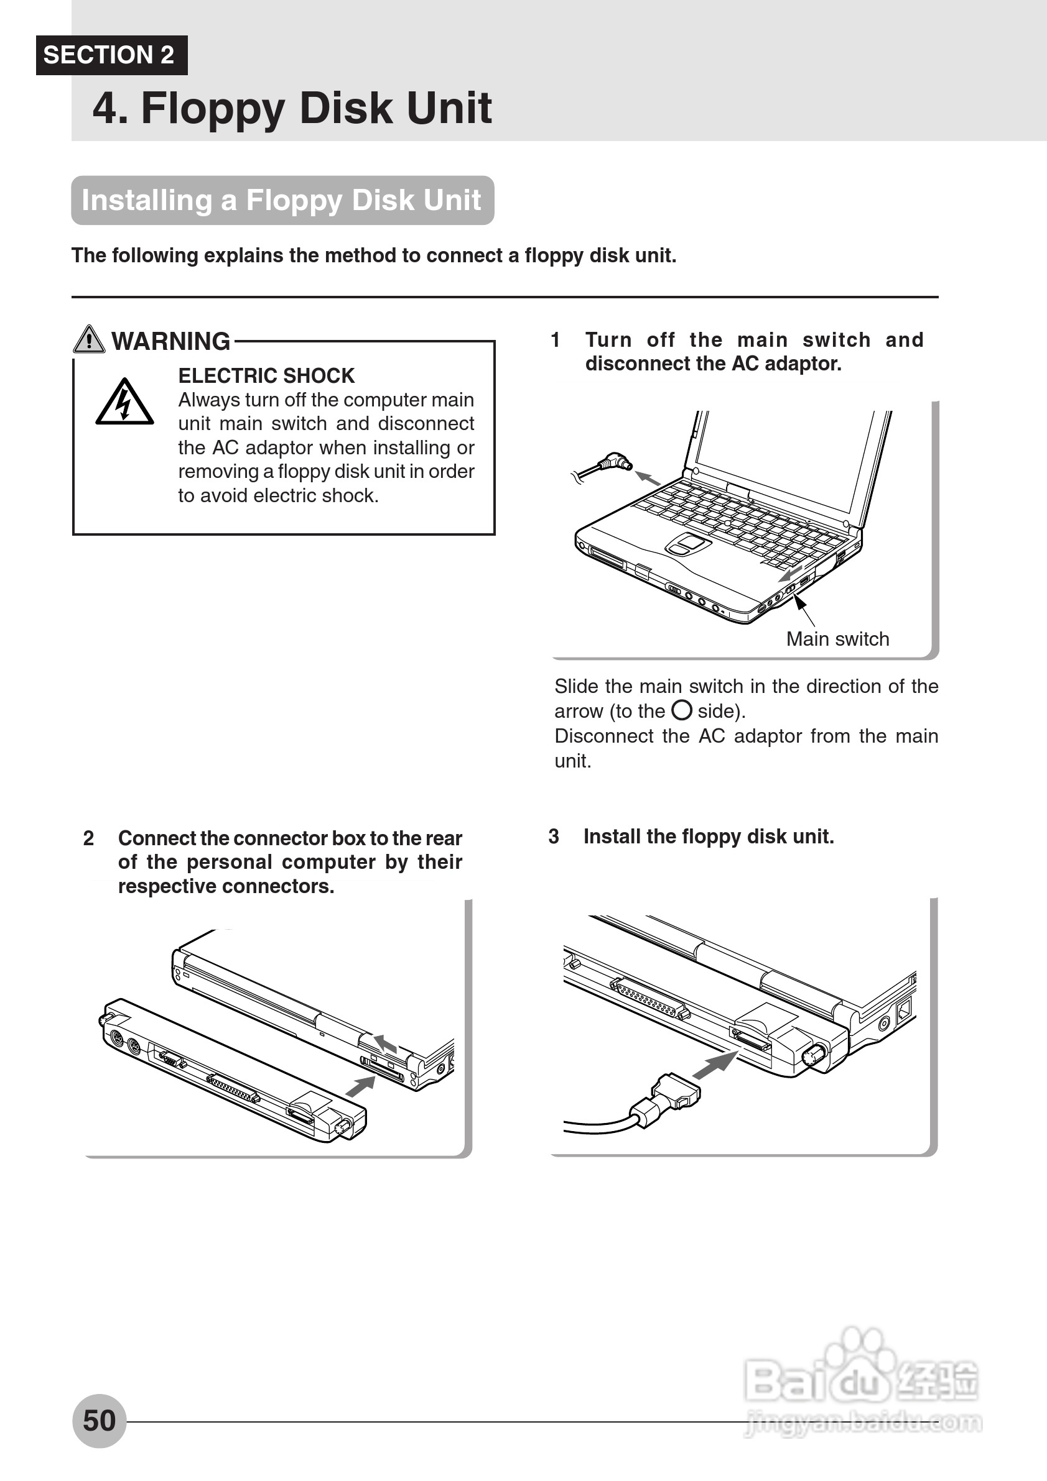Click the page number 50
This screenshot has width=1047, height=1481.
[x=100, y=1420]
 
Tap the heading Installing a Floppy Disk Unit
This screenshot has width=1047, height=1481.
[x=282, y=201]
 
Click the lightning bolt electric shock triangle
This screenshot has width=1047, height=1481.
[x=124, y=403]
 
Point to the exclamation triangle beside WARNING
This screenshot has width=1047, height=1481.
[x=89, y=339]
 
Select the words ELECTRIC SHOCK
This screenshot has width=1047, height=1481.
[x=266, y=375]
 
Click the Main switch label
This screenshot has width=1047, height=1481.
[x=837, y=639]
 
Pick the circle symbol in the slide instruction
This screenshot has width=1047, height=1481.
[x=682, y=710]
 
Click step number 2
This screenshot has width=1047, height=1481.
[x=88, y=838]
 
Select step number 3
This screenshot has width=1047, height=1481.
[x=554, y=837]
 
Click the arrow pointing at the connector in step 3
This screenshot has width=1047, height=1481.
[x=715, y=1065]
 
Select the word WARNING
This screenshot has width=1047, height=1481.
[x=170, y=341]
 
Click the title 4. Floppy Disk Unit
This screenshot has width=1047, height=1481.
[x=292, y=108]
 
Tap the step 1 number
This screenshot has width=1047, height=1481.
[x=555, y=340]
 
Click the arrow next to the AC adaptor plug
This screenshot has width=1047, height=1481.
[x=648, y=478]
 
